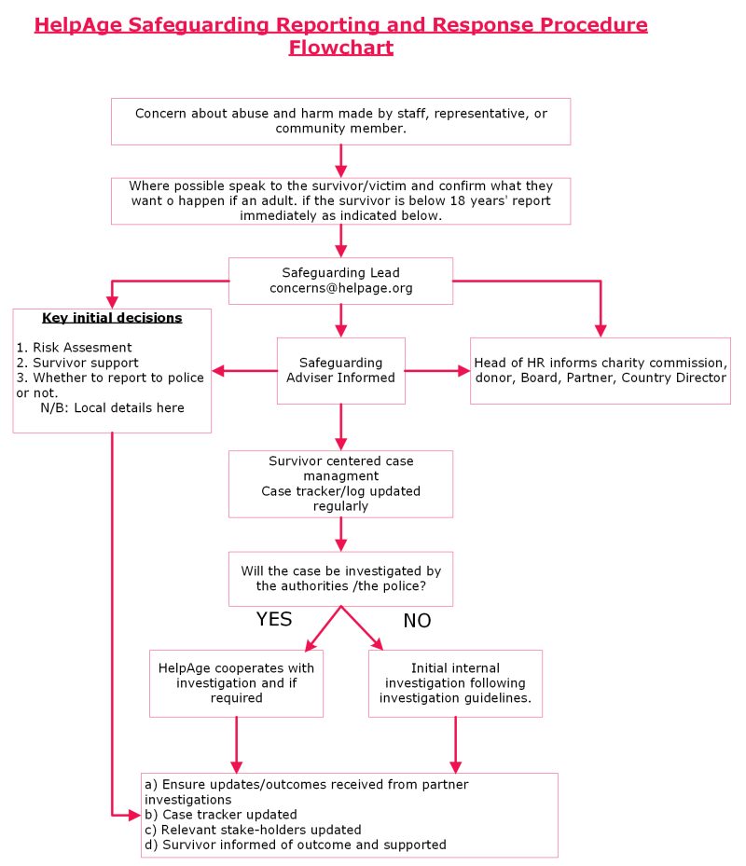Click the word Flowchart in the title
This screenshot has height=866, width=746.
(x=340, y=48)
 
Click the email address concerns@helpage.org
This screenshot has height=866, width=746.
(x=340, y=288)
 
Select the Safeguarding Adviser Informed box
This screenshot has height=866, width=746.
(x=340, y=370)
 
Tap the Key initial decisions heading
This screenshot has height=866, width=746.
(x=112, y=318)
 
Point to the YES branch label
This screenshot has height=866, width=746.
(x=274, y=619)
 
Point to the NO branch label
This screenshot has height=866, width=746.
(x=417, y=621)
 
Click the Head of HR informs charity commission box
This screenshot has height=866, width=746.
(x=600, y=370)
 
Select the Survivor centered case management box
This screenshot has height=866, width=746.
(x=340, y=484)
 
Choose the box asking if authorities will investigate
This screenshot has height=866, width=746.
(x=340, y=578)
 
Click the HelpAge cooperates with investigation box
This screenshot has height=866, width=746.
(x=236, y=683)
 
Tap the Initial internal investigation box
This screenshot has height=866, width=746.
(x=455, y=683)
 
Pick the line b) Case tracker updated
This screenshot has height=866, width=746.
(x=221, y=814)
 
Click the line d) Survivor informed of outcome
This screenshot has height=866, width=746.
(x=296, y=845)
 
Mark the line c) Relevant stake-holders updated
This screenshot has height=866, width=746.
(x=253, y=829)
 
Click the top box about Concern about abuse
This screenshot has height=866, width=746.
(x=340, y=121)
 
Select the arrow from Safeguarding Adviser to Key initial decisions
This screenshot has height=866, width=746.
(x=244, y=371)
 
